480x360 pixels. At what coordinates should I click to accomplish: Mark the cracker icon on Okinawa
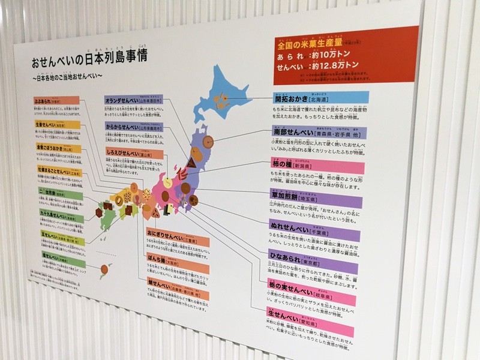click(106, 268)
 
